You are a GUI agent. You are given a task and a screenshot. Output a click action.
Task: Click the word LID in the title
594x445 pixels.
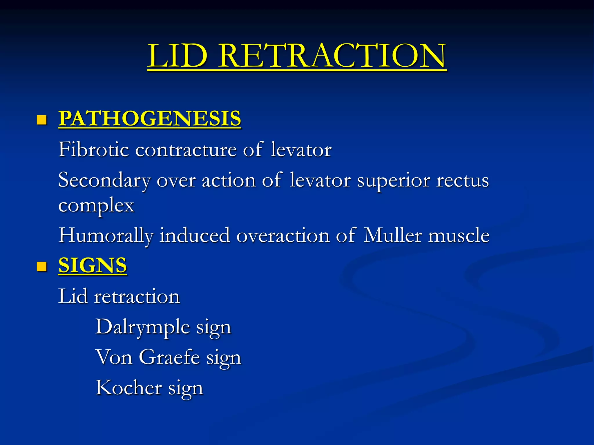[x=178, y=56]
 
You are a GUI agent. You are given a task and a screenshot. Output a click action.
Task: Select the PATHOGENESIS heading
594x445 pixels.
[x=150, y=118]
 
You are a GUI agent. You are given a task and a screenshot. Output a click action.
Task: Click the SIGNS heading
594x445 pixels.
[x=93, y=265]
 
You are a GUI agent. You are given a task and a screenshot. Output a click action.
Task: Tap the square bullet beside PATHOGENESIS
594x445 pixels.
[x=42, y=120]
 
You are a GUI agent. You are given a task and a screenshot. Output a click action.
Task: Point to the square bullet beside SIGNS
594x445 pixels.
[x=42, y=267]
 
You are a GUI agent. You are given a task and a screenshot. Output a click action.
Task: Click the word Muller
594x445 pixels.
[x=392, y=235]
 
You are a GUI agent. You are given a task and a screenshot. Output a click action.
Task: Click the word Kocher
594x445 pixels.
[x=129, y=388]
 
